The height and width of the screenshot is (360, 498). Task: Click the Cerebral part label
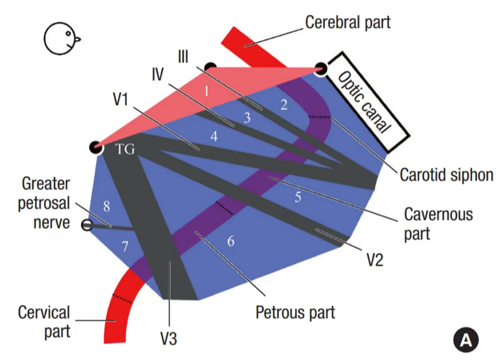(347, 23)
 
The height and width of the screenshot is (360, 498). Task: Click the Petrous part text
(295, 312)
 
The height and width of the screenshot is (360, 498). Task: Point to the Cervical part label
(44, 321)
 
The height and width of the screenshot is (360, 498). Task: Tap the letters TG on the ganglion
(125, 149)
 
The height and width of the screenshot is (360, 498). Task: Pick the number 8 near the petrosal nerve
(106, 207)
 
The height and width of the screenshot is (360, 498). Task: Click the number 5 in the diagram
(298, 197)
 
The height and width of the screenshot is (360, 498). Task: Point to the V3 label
(168, 338)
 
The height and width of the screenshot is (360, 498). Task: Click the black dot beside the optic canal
(320, 69)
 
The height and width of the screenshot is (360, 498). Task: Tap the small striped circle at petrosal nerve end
(87, 225)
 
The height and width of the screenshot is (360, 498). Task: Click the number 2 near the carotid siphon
(284, 104)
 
